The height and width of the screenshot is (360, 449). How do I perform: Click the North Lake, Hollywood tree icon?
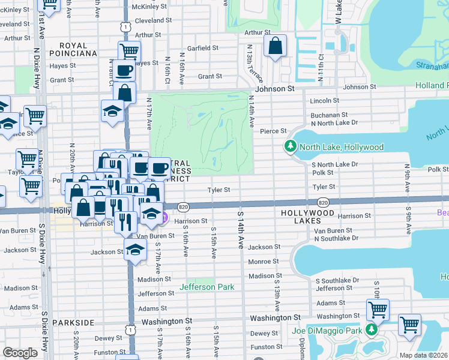pyautogui.click(x=291, y=146)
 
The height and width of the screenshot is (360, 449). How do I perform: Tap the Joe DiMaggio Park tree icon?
pyautogui.click(x=372, y=330)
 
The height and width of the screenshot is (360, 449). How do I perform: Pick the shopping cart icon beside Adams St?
pyautogui.click(x=378, y=310)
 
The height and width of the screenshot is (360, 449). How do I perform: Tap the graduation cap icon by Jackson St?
pyautogui.click(x=136, y=249)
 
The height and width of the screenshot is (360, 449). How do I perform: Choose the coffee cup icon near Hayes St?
pyautogui.click(x=124, y=70)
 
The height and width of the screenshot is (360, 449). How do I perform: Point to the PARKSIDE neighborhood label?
pyautogui.click(x=73, y=323)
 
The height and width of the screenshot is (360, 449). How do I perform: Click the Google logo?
pyautogui.click(x=20, y=353)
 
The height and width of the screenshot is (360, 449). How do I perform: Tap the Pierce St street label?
pyautogui.click(x=273, y=131)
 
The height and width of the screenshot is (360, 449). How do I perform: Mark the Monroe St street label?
pyautogui.click(x=264, y=262)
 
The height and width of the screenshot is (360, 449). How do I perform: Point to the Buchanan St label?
pyautogui.click(x=329, y=115)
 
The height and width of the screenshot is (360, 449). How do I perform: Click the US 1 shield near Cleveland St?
pyautogui.click(x=125, y=27)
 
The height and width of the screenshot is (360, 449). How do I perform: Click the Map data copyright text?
pyautogui.click(x=424, y=355)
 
